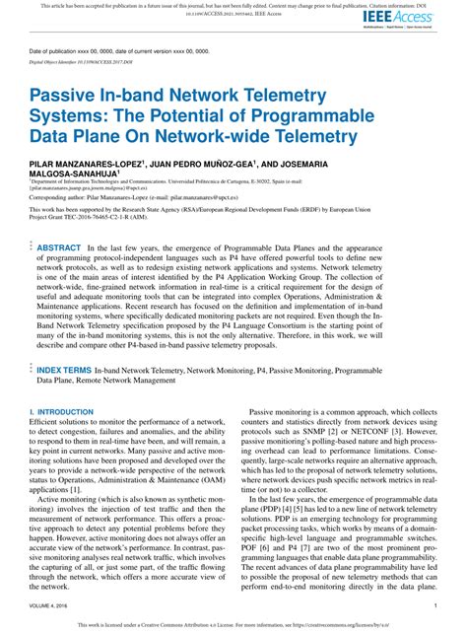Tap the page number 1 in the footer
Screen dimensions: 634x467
point(434,607)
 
